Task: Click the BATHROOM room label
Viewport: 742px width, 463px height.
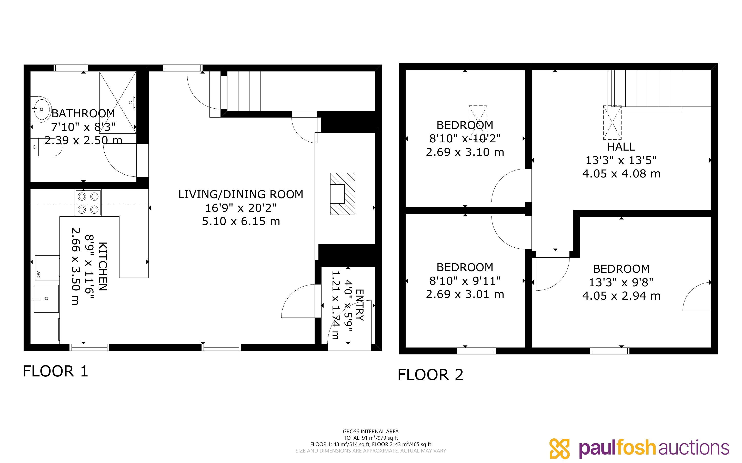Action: (83, 113)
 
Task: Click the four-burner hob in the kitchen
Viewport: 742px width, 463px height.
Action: (88, 203)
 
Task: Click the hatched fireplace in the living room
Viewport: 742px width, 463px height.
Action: (343, 194)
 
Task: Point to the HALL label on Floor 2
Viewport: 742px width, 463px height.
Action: (621, 147)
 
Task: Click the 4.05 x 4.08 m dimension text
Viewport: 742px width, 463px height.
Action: (621, 174)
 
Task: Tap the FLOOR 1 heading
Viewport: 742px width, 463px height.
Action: (55, 371)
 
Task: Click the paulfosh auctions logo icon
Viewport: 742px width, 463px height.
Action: (559, 449)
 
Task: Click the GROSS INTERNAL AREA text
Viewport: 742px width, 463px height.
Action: (370, 432)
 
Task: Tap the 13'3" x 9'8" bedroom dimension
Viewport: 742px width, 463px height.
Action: (621, 282)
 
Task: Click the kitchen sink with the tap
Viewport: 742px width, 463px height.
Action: (46, 299)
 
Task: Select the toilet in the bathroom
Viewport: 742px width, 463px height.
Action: (47, 147)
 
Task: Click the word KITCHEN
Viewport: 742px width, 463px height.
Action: (103, 266)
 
